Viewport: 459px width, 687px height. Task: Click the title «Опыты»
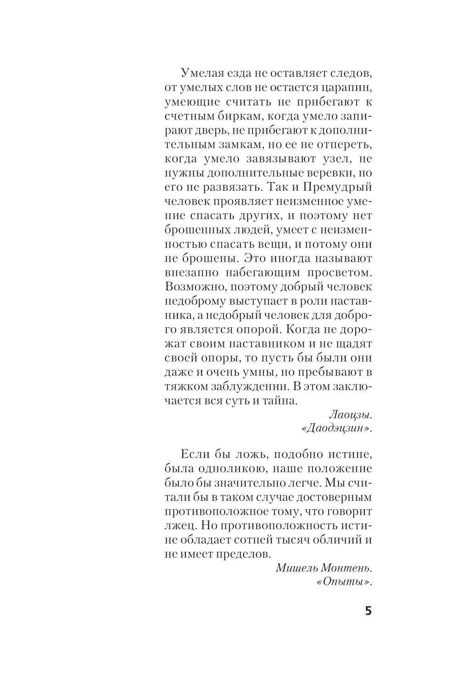pos(344,582)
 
